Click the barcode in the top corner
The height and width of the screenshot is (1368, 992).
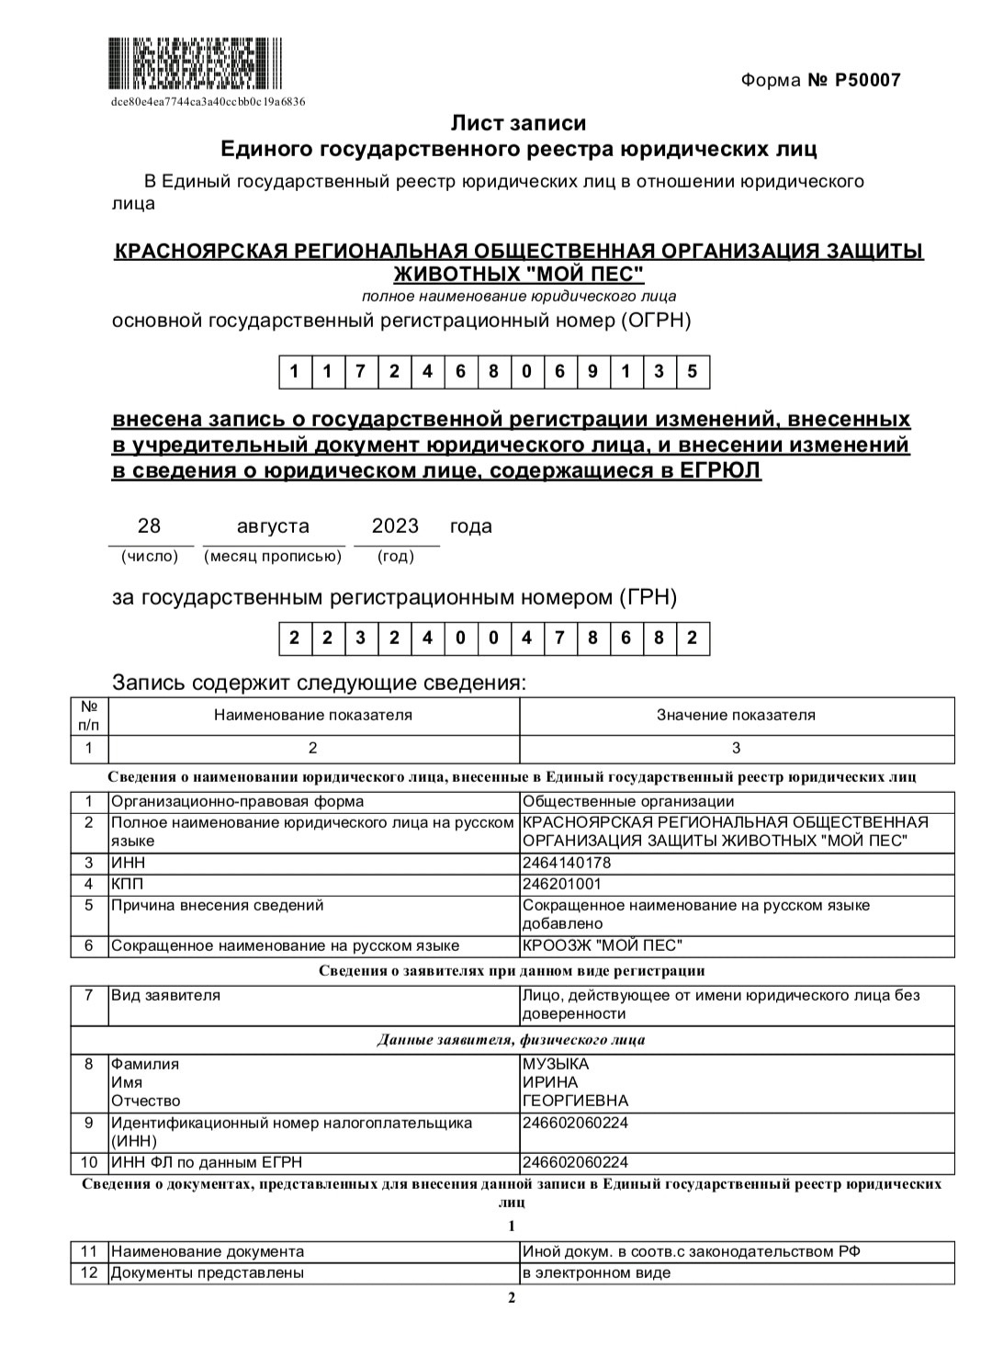point(196,63)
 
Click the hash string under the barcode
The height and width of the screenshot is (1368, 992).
point(208,102)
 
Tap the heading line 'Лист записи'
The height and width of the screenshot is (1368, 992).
point(518,122)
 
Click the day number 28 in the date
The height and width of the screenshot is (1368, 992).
point(149,526)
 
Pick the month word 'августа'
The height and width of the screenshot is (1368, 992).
point(273,526)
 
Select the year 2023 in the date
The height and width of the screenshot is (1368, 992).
point(395,526)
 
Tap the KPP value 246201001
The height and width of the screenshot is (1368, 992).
point(562,884)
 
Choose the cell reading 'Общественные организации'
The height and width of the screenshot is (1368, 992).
point(628,801)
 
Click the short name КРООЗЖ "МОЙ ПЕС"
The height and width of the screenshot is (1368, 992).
point(603,945)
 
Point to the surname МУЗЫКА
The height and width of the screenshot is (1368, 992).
point(556,1064)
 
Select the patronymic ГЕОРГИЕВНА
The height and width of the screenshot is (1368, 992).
point(575,1101)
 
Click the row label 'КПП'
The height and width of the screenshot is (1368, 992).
point(128,884)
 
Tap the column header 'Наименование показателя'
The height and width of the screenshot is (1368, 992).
point(313,715)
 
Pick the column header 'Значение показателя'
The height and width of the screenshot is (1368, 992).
point(736,715)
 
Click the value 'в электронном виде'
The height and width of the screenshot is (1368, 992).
point(596,1272)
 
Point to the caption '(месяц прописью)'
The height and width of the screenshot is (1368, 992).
point(273,556)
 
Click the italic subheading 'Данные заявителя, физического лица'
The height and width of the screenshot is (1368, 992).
point(511,1040)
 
